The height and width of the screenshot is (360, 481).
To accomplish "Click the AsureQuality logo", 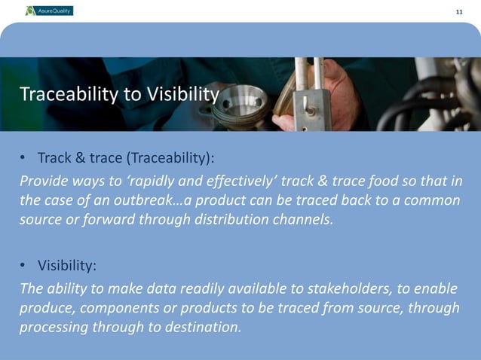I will pos(49,11).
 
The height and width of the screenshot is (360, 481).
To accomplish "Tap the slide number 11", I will pos(459,11).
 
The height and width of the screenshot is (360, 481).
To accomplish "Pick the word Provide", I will pos(44,182).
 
